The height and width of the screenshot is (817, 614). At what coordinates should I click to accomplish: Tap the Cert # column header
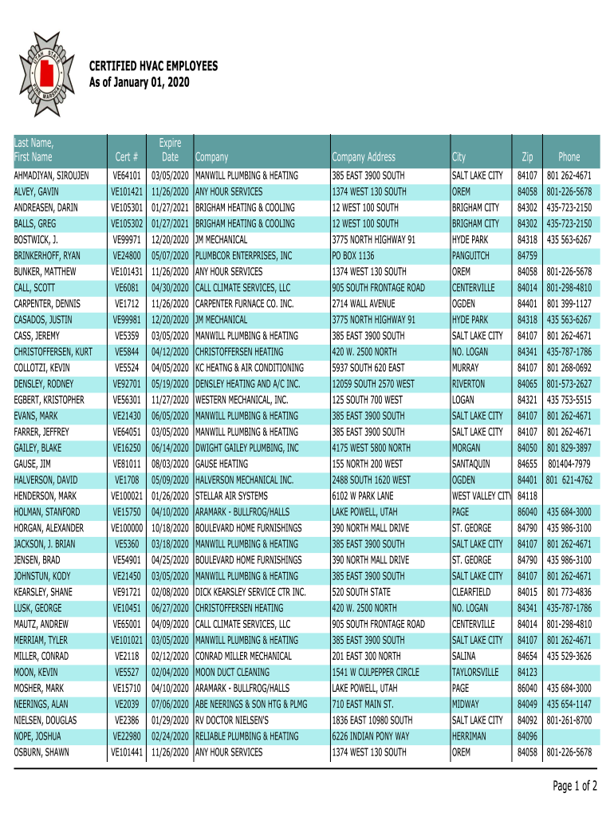(128, 157)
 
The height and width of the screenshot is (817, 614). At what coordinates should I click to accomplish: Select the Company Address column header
(363, 157)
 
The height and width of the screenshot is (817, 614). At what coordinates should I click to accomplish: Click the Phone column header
(569, 157)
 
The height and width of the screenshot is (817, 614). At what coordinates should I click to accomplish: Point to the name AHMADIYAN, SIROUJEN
(51, 176)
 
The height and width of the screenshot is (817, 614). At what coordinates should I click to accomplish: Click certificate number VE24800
(128, 255)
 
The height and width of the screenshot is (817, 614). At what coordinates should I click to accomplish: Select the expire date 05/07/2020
(170, 255)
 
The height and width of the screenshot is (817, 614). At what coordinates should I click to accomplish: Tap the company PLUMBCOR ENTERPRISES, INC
(244, 255)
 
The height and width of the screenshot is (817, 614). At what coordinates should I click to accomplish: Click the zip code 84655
(527, 464)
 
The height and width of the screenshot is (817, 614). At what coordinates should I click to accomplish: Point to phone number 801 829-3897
(569, 448)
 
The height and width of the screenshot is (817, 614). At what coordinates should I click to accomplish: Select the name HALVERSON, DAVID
(46, 480)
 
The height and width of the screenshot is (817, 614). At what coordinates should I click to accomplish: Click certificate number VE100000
(127, 527)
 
